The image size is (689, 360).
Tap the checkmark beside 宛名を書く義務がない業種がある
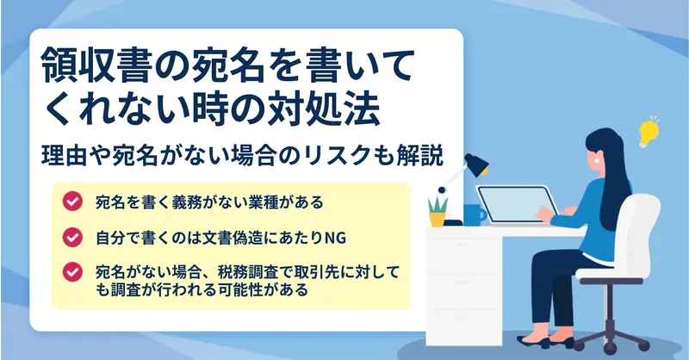(72, 202)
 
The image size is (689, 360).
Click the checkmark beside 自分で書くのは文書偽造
(72, 238)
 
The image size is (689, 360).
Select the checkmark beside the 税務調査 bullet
(72, 272)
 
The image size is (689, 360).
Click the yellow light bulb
(649, 132)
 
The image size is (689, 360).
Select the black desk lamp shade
(477, 164)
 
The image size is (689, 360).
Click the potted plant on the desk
(438, 211)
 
